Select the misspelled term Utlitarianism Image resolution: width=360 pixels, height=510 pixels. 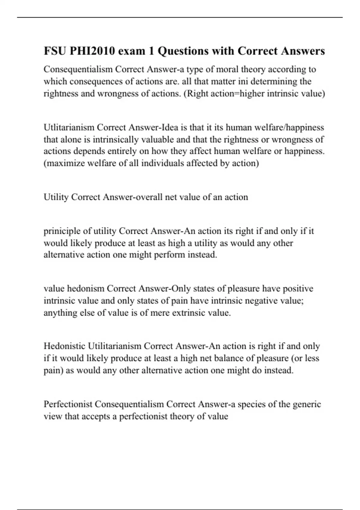(x=69, y=127)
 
